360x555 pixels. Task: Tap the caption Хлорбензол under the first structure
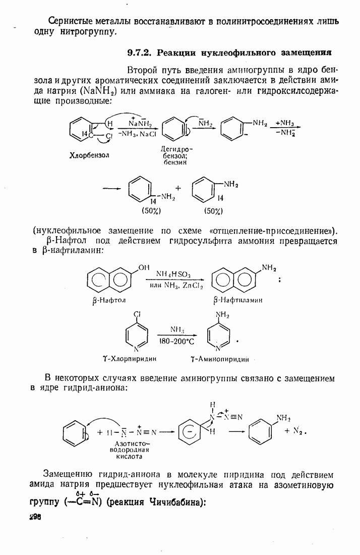point(89,155)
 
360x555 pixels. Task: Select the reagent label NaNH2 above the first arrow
point(140,123)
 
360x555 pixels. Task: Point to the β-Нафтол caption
point(108,301)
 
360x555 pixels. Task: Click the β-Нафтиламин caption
point(237,300)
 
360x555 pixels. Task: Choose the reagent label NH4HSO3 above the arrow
point(173,274)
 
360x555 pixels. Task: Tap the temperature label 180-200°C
point(177,342)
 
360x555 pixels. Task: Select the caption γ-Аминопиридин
point(219,359)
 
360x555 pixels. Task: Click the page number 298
point(35,517)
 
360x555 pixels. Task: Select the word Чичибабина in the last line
point(176,502)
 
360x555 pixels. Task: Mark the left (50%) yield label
point(151,211)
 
